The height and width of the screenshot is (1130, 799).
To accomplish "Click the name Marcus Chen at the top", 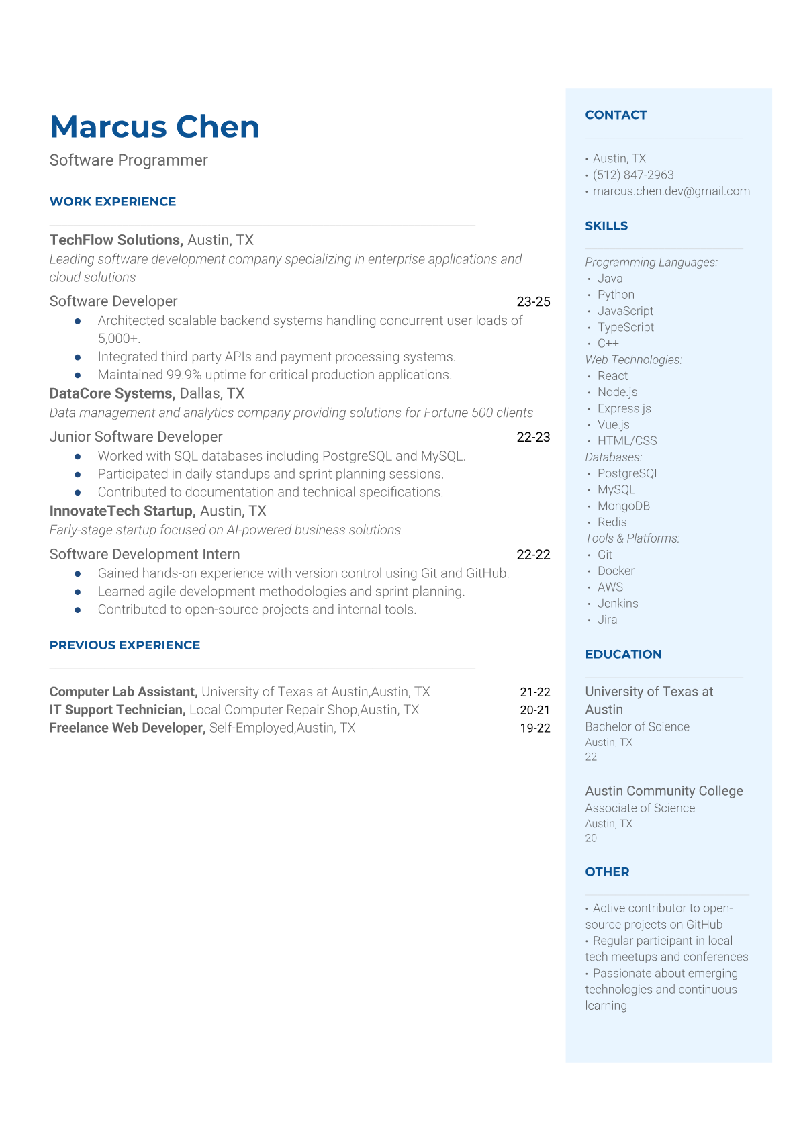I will coord(154,127).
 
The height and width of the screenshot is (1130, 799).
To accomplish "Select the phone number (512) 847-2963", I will coord(632,175).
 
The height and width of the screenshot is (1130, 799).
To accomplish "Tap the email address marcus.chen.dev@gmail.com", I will coord(671,191).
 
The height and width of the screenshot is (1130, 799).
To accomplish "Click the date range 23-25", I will coord(533,302).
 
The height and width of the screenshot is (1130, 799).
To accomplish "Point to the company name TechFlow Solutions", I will coord(115,240).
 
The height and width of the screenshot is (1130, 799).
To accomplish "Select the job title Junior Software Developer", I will coord(136,437).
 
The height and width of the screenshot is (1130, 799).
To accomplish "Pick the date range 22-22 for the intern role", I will coord(533,555).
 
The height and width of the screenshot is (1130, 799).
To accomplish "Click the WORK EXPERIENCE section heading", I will coord(113,201).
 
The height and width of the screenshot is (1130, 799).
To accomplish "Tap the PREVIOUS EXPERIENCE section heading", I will coord(125,645).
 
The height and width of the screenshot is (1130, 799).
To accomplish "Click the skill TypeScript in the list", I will coord(625,327).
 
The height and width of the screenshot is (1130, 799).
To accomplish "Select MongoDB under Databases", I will coord(623,506).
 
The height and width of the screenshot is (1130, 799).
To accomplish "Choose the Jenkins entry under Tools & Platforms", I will coord(618,603).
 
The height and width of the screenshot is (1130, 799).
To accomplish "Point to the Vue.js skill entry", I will coord(613,424).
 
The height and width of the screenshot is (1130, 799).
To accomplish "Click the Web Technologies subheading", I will coord(633,360).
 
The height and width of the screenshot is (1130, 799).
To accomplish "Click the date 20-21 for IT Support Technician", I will coord(534,710).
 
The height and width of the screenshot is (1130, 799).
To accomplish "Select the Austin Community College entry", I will coord(663,791).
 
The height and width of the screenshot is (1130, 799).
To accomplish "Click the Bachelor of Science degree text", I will coord(637,726).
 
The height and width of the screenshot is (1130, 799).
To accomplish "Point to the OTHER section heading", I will coord(607,872).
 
